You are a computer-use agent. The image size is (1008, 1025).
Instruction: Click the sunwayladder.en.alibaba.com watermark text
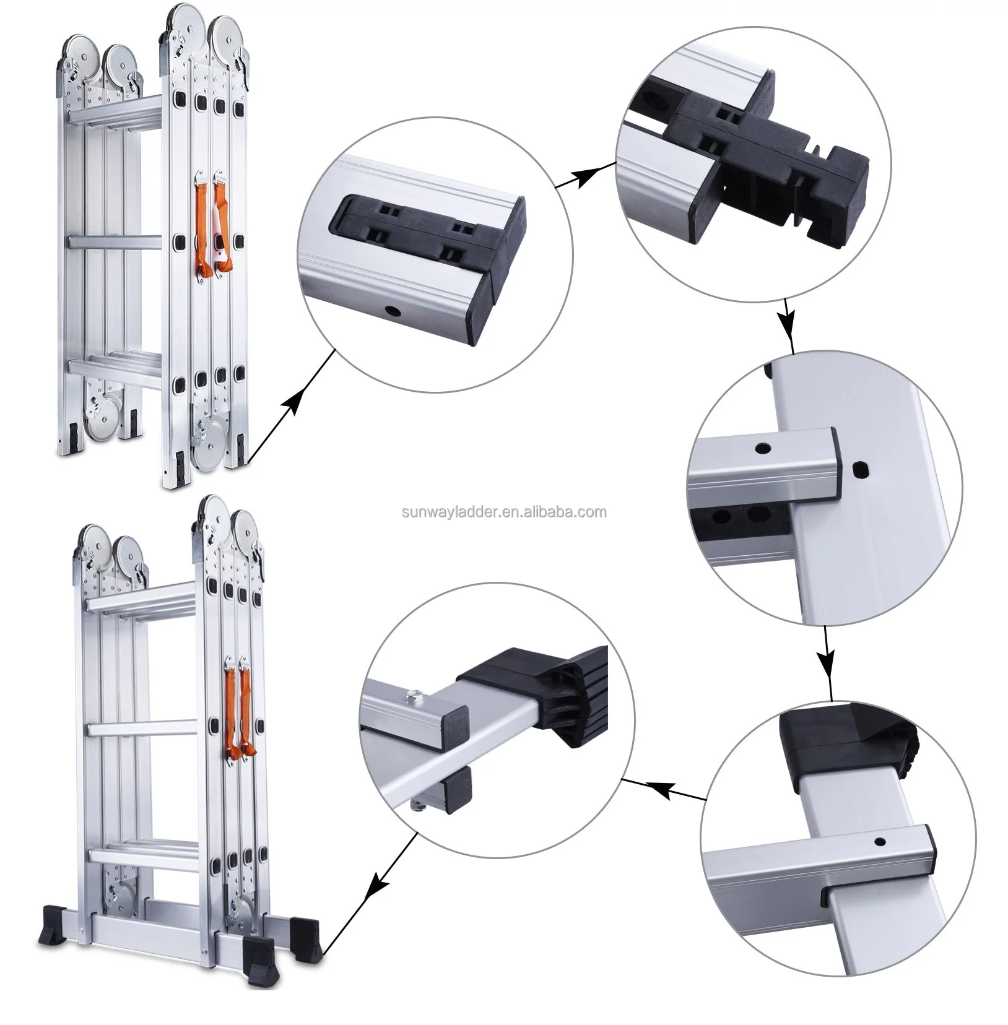503,512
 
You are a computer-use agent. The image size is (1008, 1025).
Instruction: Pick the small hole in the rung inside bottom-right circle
879,840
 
